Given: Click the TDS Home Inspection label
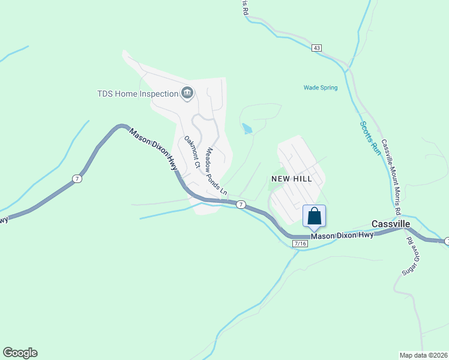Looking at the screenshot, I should [138, 94].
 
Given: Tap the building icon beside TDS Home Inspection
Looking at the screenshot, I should [187, 92].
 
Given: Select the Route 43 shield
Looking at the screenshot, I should [317, 47].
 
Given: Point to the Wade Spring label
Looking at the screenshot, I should [321, 88].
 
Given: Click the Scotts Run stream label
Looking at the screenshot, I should [370, 138].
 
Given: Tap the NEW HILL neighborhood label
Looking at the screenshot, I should [292, 179].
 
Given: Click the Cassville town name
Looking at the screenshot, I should [391, 224].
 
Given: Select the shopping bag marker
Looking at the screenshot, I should [314, 217].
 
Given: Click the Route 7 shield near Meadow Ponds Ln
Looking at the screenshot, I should [240, 205].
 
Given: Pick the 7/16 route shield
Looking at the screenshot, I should [300, 244].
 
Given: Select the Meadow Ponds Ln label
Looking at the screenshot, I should [217, 172].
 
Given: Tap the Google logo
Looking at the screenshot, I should [20, 353].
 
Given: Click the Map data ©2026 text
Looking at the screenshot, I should [423, 355].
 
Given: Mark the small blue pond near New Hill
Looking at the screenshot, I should [247, 128].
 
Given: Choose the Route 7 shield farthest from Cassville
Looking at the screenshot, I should [76, 179].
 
